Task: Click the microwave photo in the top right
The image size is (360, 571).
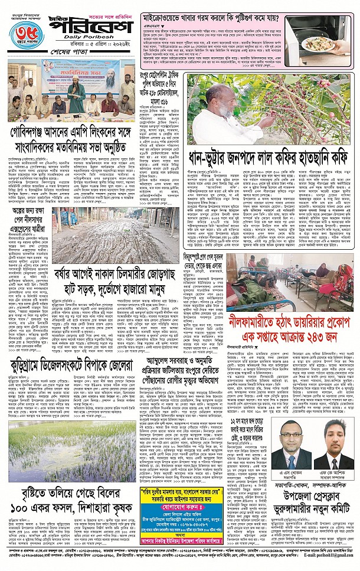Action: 319,41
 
